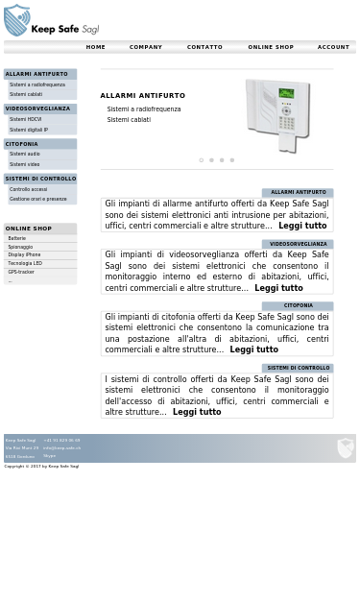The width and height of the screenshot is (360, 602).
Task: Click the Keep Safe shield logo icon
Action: click(16, 20)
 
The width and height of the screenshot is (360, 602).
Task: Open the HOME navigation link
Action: click(95, 47)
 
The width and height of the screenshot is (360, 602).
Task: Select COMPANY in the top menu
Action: click(146, 47)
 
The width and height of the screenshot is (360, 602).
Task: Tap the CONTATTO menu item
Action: click(204, 47)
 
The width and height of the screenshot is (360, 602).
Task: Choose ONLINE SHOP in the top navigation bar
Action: click(271, 47)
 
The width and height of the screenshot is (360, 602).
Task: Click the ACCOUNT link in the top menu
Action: click(333, 47)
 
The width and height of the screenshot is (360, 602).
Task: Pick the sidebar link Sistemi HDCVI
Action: click(26, 119)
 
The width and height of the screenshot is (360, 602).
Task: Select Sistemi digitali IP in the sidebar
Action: click(29, 130)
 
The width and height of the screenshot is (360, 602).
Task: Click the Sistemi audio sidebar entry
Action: click(25, 154)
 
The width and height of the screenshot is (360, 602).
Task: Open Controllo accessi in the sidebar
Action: click(28, 189)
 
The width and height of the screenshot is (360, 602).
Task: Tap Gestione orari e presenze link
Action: click(38, 199)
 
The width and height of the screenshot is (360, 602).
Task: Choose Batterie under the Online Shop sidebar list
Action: click(17, 238)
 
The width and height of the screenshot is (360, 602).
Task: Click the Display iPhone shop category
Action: click(24, 254)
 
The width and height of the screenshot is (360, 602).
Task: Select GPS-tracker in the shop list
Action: click(21, 272)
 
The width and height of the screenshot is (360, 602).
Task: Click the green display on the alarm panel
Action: click(286, 94)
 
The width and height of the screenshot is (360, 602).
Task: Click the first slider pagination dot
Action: click(201, 160)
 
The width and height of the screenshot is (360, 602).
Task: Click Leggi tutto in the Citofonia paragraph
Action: click(253, 349)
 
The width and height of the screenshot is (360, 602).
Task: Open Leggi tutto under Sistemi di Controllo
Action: click(197, 412)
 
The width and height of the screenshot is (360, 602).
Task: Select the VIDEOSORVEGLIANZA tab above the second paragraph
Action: click(298, 244)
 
